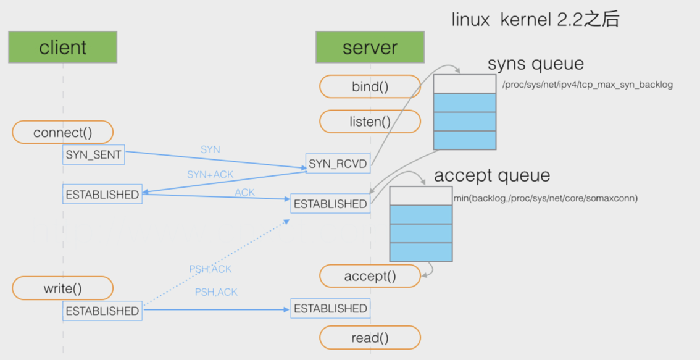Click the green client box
(x=62, y=47)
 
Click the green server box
(x=370, y=47)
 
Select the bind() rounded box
(x=370, y=86)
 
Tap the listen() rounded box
(x=370, y=122)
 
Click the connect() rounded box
(x=62, y=132)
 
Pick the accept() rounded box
(x=370, y=276)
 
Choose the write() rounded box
(x=62, y=288)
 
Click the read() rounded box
(x=370, y=337)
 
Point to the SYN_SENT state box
(x=93, y=154)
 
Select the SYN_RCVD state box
(x=338, y=164)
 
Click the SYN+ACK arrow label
(x=210, y=174)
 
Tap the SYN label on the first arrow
(x=210, y=149)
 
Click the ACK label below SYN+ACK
(x=244, y=193)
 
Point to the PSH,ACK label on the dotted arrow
(x=210, y=269)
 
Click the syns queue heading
(x=536, y=64)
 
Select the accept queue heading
(x=492, y=175)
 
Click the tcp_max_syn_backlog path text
(x=588, y=85)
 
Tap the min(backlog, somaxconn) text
(x=546, y=198)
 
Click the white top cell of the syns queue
(x=465, y=84)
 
